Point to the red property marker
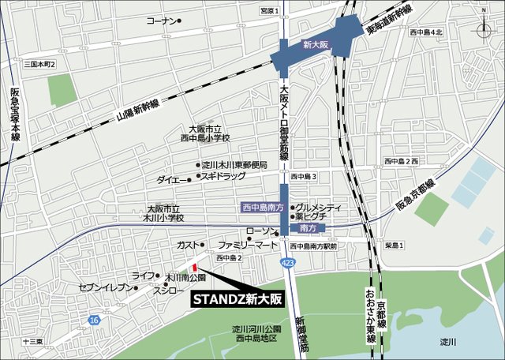tap(195, 267)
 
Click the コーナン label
tap(161, 21)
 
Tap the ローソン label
tap(260, 231)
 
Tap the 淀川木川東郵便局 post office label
tap(234, 165)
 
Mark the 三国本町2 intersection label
tap(39, 63)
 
